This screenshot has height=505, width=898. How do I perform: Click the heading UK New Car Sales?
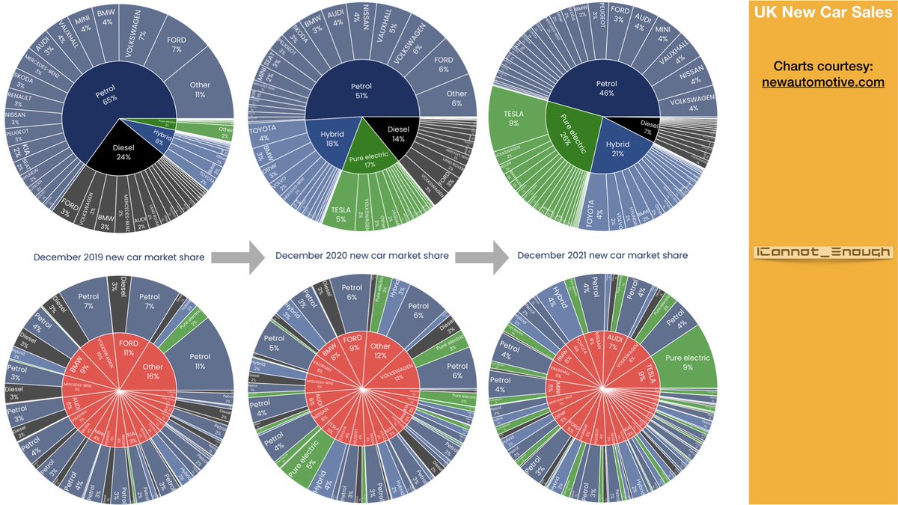click(x=822, y=12)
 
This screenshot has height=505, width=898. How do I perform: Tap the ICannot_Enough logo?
click(x=822, y=253)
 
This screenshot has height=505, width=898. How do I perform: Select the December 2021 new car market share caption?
click(x=602, y=256)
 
